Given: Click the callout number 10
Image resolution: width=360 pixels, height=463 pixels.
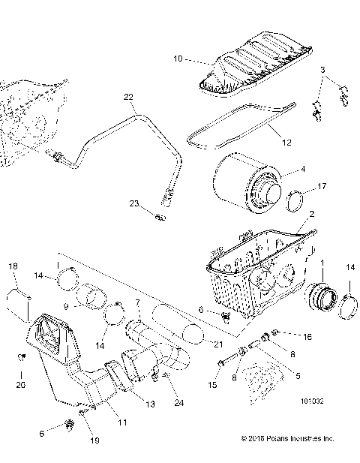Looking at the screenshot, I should point(178,58).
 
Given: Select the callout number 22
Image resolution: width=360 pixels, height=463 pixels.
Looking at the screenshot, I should point(128,98).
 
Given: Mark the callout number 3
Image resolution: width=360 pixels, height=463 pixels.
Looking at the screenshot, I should point(322,71).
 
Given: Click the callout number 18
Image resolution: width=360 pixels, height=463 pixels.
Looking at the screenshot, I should point(13,267).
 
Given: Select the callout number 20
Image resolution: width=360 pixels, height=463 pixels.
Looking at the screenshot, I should point(20,384).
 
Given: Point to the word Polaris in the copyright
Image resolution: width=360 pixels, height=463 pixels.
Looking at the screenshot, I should point(281,439).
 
